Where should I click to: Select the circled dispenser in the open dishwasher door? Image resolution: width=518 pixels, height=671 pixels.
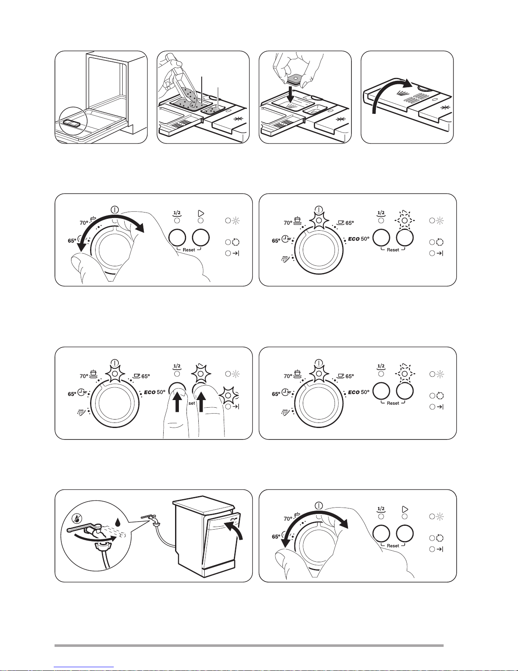tap(71, 123)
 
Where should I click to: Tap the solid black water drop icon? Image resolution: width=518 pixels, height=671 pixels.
tap(117, 522)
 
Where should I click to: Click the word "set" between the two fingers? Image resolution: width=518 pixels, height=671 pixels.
tap(192, 403)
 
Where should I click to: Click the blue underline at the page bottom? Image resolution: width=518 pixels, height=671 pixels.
tap(84, 667)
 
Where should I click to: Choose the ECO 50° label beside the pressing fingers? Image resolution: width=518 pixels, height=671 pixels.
tap(155, 392)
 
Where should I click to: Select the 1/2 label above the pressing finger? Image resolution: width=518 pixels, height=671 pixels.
tap(177, 367)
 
